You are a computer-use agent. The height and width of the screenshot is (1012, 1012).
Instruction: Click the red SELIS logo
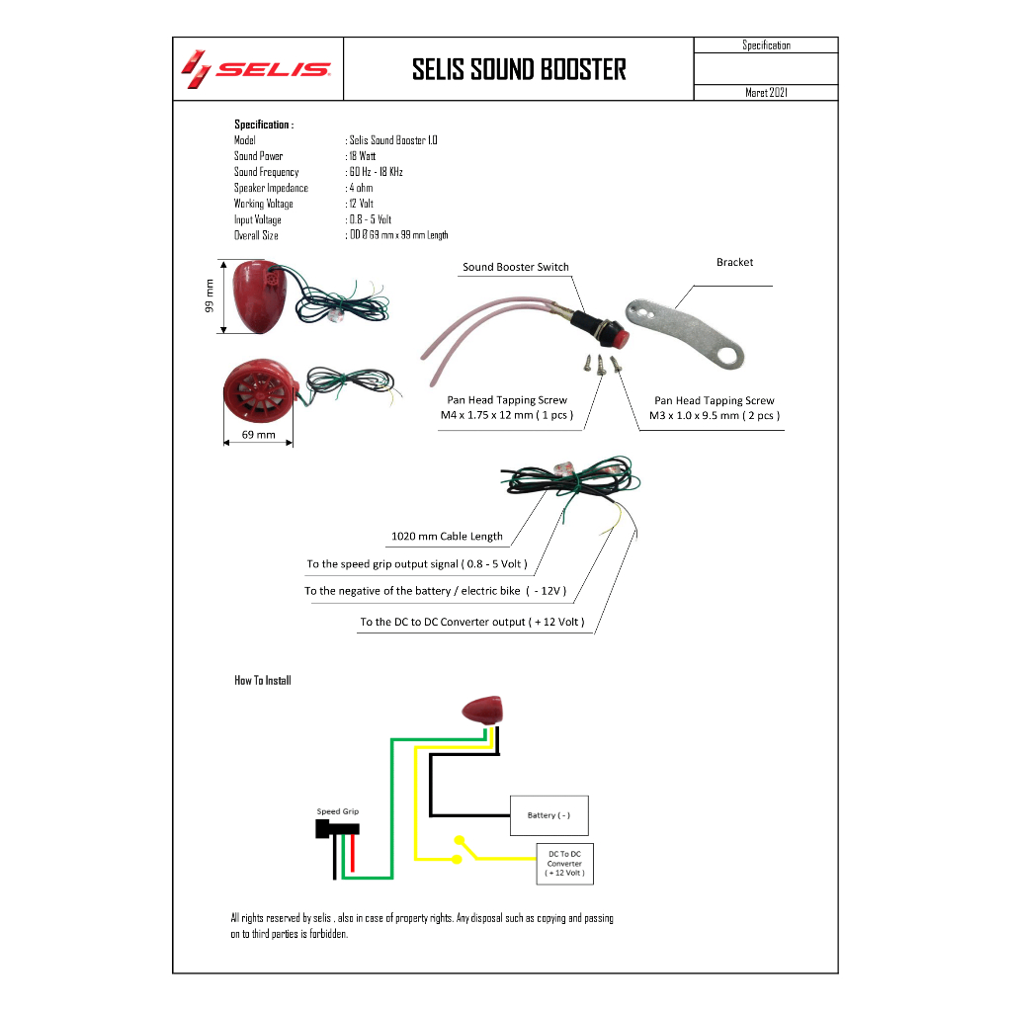click(x=256, y=69)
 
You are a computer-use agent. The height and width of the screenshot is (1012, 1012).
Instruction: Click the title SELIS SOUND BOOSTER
click(x=519, y=70)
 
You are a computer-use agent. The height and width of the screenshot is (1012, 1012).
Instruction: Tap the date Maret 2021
click(x=766, y=92)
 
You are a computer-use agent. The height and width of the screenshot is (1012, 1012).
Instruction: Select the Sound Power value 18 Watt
click(x=362, y=156)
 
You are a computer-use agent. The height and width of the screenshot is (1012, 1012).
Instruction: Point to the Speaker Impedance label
click(x=271, y=188)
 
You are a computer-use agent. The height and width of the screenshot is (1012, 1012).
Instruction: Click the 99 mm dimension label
click(x=210, y=296)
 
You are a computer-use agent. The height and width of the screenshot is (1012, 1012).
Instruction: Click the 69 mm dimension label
click(x=258, y=435)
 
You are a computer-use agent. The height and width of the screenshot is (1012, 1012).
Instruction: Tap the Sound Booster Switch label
click(x=516, y=267)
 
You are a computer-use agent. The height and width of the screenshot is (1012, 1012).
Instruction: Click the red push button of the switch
click(x=621, y=337)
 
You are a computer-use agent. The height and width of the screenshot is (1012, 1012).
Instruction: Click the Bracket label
click(x=734, y=262)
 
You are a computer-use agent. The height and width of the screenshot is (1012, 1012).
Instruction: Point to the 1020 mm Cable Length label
click(x=447, y=537)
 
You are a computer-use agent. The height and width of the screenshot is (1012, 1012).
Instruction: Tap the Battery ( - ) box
click(x=549, y=815)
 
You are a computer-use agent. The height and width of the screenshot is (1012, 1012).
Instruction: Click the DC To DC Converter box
click(x=564, y=864)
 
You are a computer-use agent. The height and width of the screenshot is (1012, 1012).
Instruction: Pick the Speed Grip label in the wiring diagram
click(x=338, y=811)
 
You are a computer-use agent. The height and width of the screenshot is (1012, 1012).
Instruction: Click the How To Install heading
click(x=263, y=680)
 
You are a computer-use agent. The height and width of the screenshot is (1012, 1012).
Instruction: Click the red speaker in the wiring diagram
click(x=482, y=710)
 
